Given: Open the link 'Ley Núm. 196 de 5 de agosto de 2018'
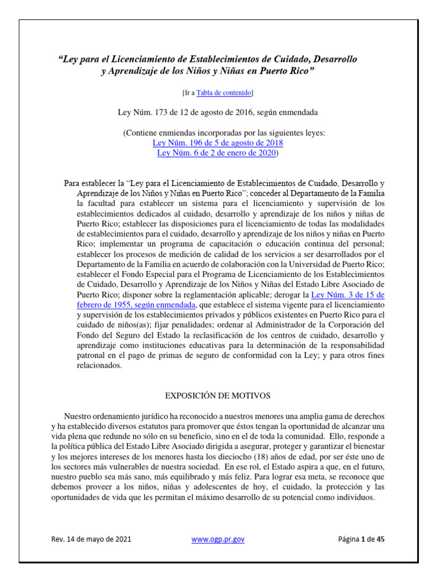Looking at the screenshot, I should (x=218, y=143).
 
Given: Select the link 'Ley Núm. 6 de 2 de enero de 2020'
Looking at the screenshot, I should (x=216, y=153).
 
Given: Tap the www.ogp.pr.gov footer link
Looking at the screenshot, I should (x=218, y=539).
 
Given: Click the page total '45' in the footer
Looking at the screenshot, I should (x=380, y=539).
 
